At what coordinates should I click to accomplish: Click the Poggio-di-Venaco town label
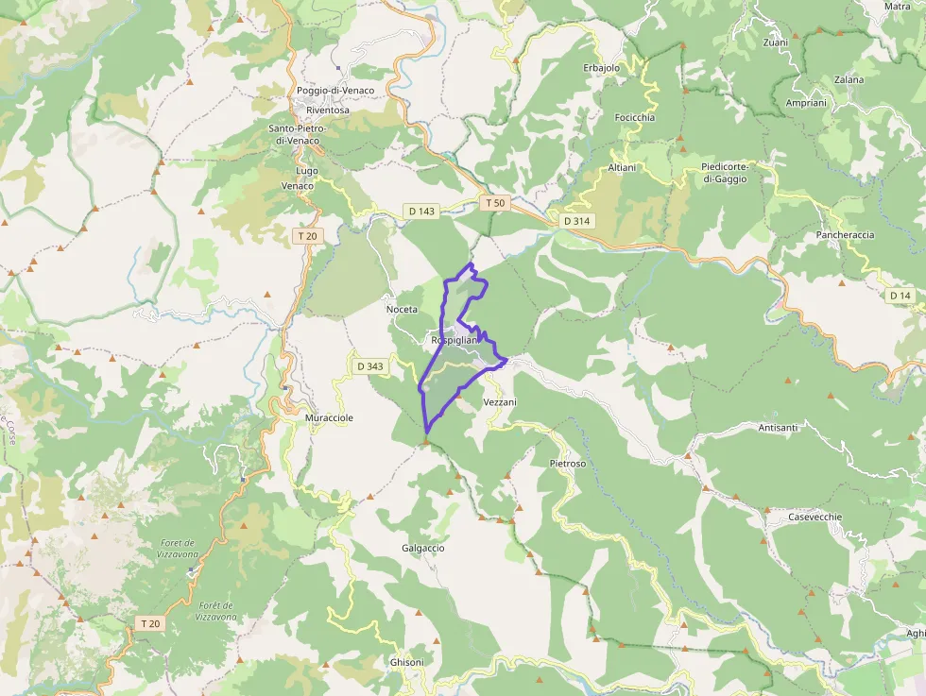334,91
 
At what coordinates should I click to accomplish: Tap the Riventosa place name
321,110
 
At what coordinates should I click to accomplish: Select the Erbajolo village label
601,68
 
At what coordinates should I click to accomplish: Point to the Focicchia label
634,117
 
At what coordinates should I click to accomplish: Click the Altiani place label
622,167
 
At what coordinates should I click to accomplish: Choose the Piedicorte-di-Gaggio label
725,173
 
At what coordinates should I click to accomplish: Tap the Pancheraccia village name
845,234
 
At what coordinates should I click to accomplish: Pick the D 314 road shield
575,220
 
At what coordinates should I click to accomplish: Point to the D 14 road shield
900,296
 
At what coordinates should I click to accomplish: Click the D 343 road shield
369,365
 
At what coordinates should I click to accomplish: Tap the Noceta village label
402,310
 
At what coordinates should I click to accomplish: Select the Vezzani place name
500,402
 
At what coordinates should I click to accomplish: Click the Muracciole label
329,416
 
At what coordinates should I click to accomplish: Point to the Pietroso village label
567,464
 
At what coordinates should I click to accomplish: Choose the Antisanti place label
778,428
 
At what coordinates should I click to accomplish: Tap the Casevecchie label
815,518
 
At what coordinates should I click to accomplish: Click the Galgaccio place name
422,548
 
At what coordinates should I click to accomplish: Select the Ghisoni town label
407,663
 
